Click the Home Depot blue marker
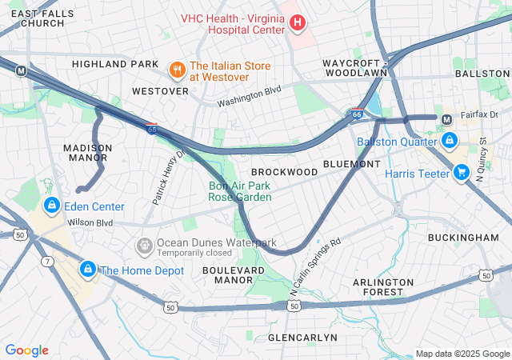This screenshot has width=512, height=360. [87, 270]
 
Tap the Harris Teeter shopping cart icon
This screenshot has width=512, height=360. [461, 172]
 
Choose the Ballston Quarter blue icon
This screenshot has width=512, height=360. [450, 142]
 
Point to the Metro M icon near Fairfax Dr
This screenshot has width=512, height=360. [447, 119]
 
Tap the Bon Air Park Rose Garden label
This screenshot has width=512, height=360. [240, 191]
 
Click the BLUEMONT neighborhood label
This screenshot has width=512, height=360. [351, 164]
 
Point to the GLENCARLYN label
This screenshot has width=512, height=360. [302, 338]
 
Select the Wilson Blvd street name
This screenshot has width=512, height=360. [90, 222]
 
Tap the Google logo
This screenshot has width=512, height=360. [26, 350]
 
